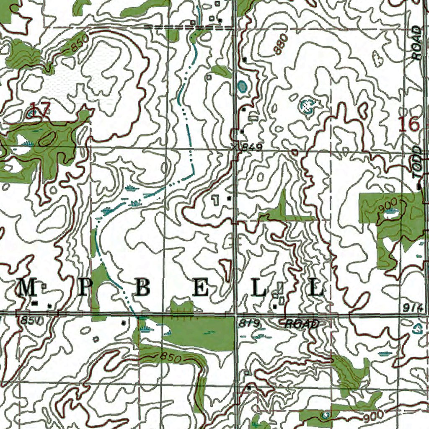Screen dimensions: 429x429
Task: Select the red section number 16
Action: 408,124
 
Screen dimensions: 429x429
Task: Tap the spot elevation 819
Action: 251,323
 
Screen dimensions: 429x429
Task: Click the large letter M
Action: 27,288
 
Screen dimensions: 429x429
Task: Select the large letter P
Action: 83,288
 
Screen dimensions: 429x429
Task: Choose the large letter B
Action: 142,288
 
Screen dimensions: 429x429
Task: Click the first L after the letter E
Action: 258,288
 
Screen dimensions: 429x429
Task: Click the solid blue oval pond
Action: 242,87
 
